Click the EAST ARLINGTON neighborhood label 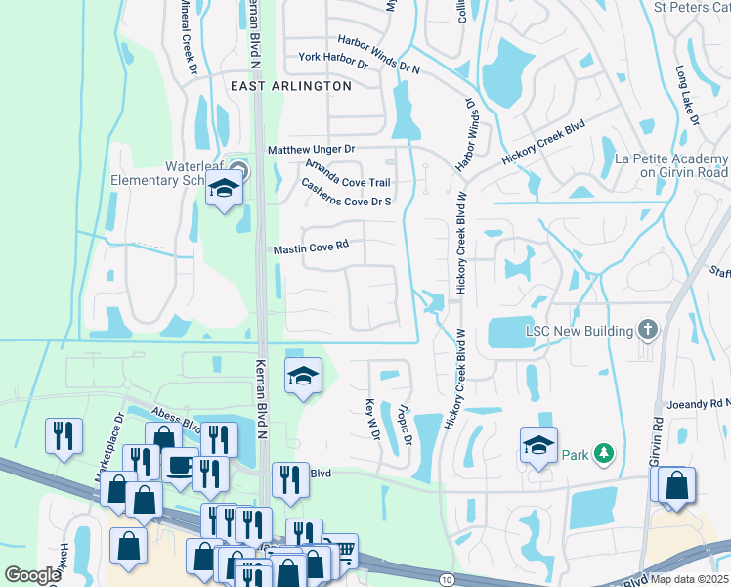pyautogui.click(x=291, y=86)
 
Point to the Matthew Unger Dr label pyautogui.click(x=312, y=149)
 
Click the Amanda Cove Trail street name pyautogui.click(x=348, y=174)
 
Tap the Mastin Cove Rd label pyautogui.click(x=310, y=249)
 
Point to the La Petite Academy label pyautogui.click(x=669, y=165)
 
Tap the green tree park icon pyautogui.click(x=605, y=453)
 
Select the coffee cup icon pyautogui.click(x=179, y=467)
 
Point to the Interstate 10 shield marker pyautogui.click(x=446, y=579)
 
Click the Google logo pyautogui.click(x=32, y=575)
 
